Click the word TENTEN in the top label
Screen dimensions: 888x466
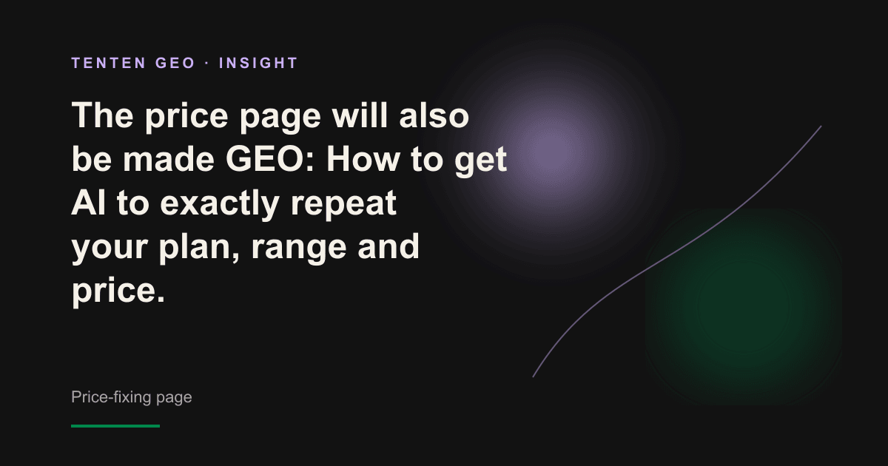pos(109,63)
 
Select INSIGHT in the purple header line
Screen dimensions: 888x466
pos(258,63)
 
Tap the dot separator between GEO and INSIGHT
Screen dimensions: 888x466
pos(207,64)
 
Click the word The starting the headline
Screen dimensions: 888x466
pos(102,115)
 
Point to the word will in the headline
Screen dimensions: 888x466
pos(360,115)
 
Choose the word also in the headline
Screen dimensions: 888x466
pos(434,115)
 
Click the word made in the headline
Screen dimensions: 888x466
pos(169,159)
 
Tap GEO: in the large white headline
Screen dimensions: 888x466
pos(270,159)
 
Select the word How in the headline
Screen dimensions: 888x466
pos(363,159)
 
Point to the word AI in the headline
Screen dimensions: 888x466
pos(88,203)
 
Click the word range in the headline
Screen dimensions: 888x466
pos(299,249)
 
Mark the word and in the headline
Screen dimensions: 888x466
pos(388,246)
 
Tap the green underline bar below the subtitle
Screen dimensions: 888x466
pos(115,426)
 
